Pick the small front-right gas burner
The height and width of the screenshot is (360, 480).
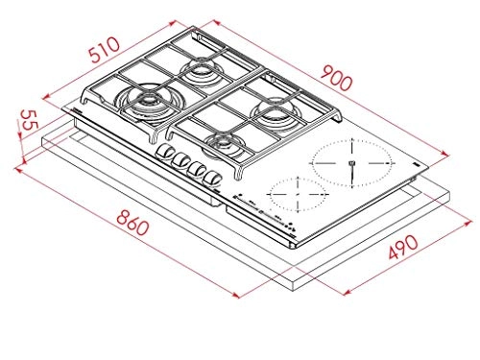click(224, 144)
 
